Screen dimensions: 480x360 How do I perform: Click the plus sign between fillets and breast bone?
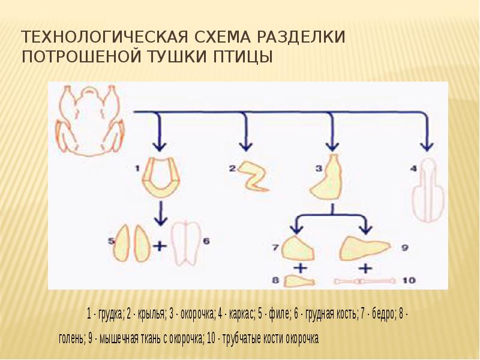point(160,245)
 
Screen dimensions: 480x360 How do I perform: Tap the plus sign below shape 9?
point(365,267)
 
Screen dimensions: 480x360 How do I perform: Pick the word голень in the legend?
point(71,338)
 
